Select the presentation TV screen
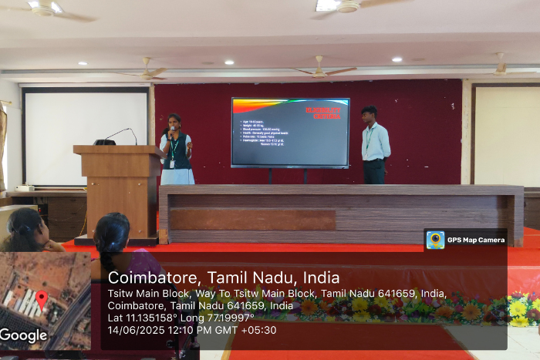[x=290, y=132]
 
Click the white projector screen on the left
[x=86, y=136]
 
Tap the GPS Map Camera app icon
[x=436, y=240]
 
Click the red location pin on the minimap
[x=41, y=298]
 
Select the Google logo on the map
[x=23, y=335]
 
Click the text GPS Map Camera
[x=476, y=240]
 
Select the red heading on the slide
[x=322, y=113]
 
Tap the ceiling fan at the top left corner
[x=48, y=9]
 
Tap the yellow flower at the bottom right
[x=518, y=309]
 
